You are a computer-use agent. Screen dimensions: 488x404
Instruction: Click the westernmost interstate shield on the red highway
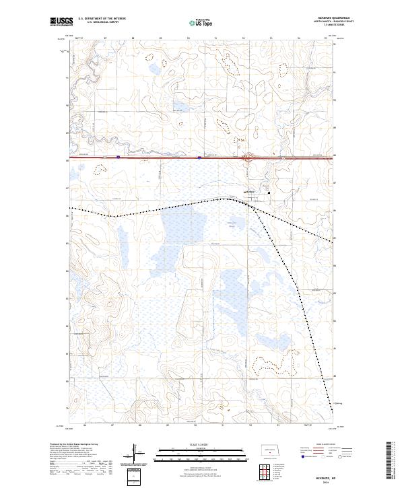click(118, 158)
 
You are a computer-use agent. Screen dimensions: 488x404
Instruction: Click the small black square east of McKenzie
click(270, 193)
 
